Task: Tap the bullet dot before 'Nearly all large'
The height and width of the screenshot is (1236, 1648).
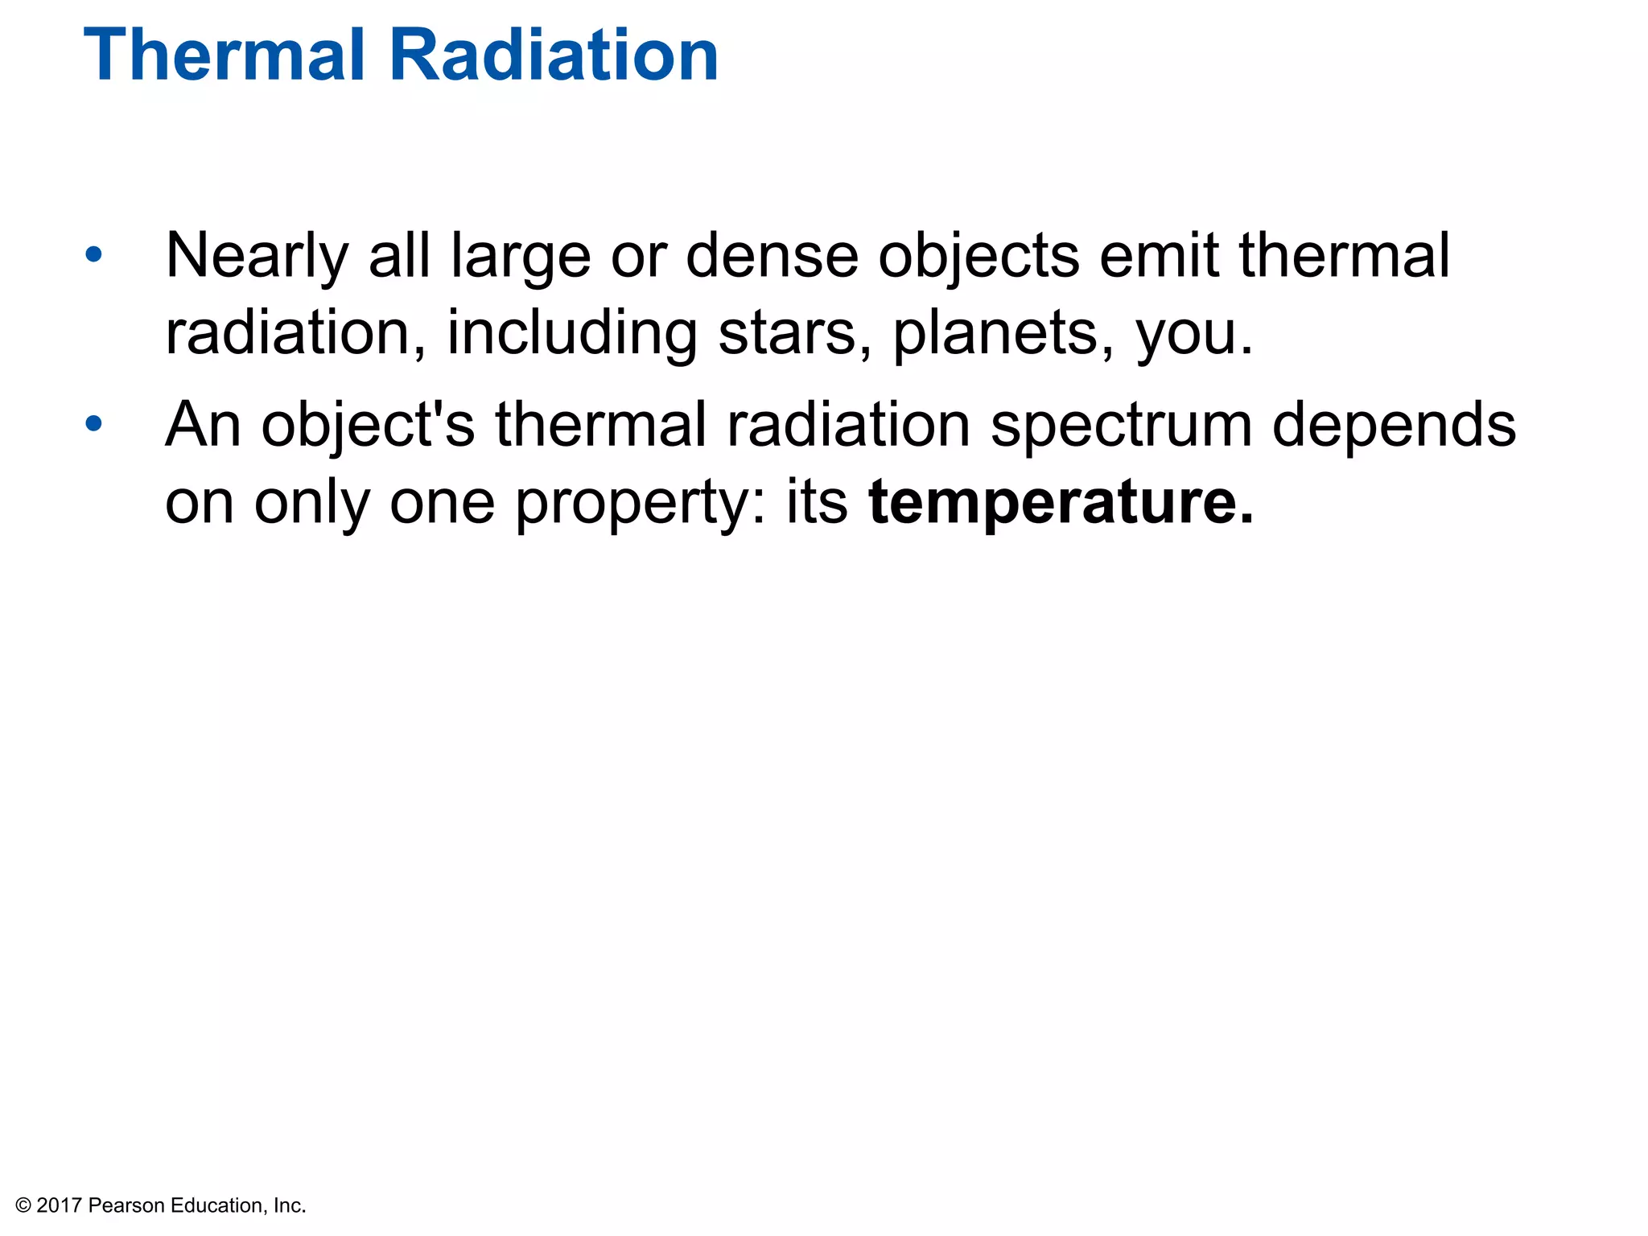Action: point(94,255)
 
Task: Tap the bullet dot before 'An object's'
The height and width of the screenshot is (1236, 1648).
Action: point(94,423)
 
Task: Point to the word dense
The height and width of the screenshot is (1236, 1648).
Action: point(772,256)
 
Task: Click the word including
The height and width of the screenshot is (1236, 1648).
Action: point(572,334)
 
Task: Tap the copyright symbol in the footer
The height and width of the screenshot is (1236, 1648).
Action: point(23,1205)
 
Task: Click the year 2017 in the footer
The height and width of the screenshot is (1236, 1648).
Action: point(60,1205)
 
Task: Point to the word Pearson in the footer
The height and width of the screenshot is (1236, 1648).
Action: point(126,1205)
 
